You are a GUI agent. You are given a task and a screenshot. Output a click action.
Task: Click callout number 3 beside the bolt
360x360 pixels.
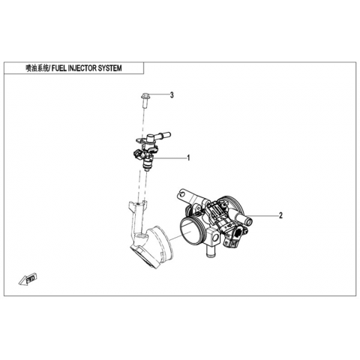click(x=172, y=95)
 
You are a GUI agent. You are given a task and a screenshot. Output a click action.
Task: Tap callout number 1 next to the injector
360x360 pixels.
click(x=189, y=157)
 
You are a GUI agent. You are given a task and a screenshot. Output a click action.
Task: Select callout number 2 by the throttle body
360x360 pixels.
click(x=280, y=215)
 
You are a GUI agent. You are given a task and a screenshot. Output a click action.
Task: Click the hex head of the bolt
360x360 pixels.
click(x=145, y=95)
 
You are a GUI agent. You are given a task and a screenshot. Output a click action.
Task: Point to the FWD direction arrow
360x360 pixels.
click(x=28, y=279)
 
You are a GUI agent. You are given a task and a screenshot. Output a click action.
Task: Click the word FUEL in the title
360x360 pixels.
click(x=58, y=68)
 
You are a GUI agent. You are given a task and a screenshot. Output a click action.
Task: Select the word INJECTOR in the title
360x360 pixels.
click(x=82, y=68)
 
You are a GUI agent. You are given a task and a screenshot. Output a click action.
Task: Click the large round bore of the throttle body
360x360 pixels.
click(x=190, y=231)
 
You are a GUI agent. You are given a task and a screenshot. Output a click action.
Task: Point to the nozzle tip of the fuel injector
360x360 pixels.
click(x=148, y=169)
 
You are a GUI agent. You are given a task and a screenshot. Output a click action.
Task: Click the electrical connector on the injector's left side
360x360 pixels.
click(x=138, y=154)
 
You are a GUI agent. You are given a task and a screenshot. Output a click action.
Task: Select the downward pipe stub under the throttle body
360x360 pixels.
click(x=208, y=251)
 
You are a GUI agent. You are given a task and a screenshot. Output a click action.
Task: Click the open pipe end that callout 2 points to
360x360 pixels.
click(x=249, y=221)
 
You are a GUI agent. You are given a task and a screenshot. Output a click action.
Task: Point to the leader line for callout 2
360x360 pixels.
click(x=265, y=215)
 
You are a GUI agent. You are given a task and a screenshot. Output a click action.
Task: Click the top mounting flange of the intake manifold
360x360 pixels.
click(x=137, y=205)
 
